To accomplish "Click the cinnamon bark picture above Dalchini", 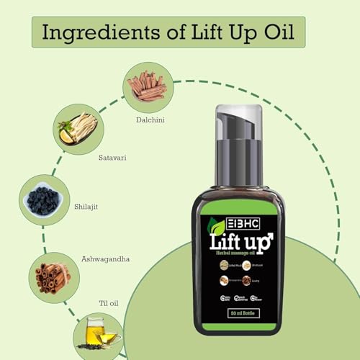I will tap(148, 86).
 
